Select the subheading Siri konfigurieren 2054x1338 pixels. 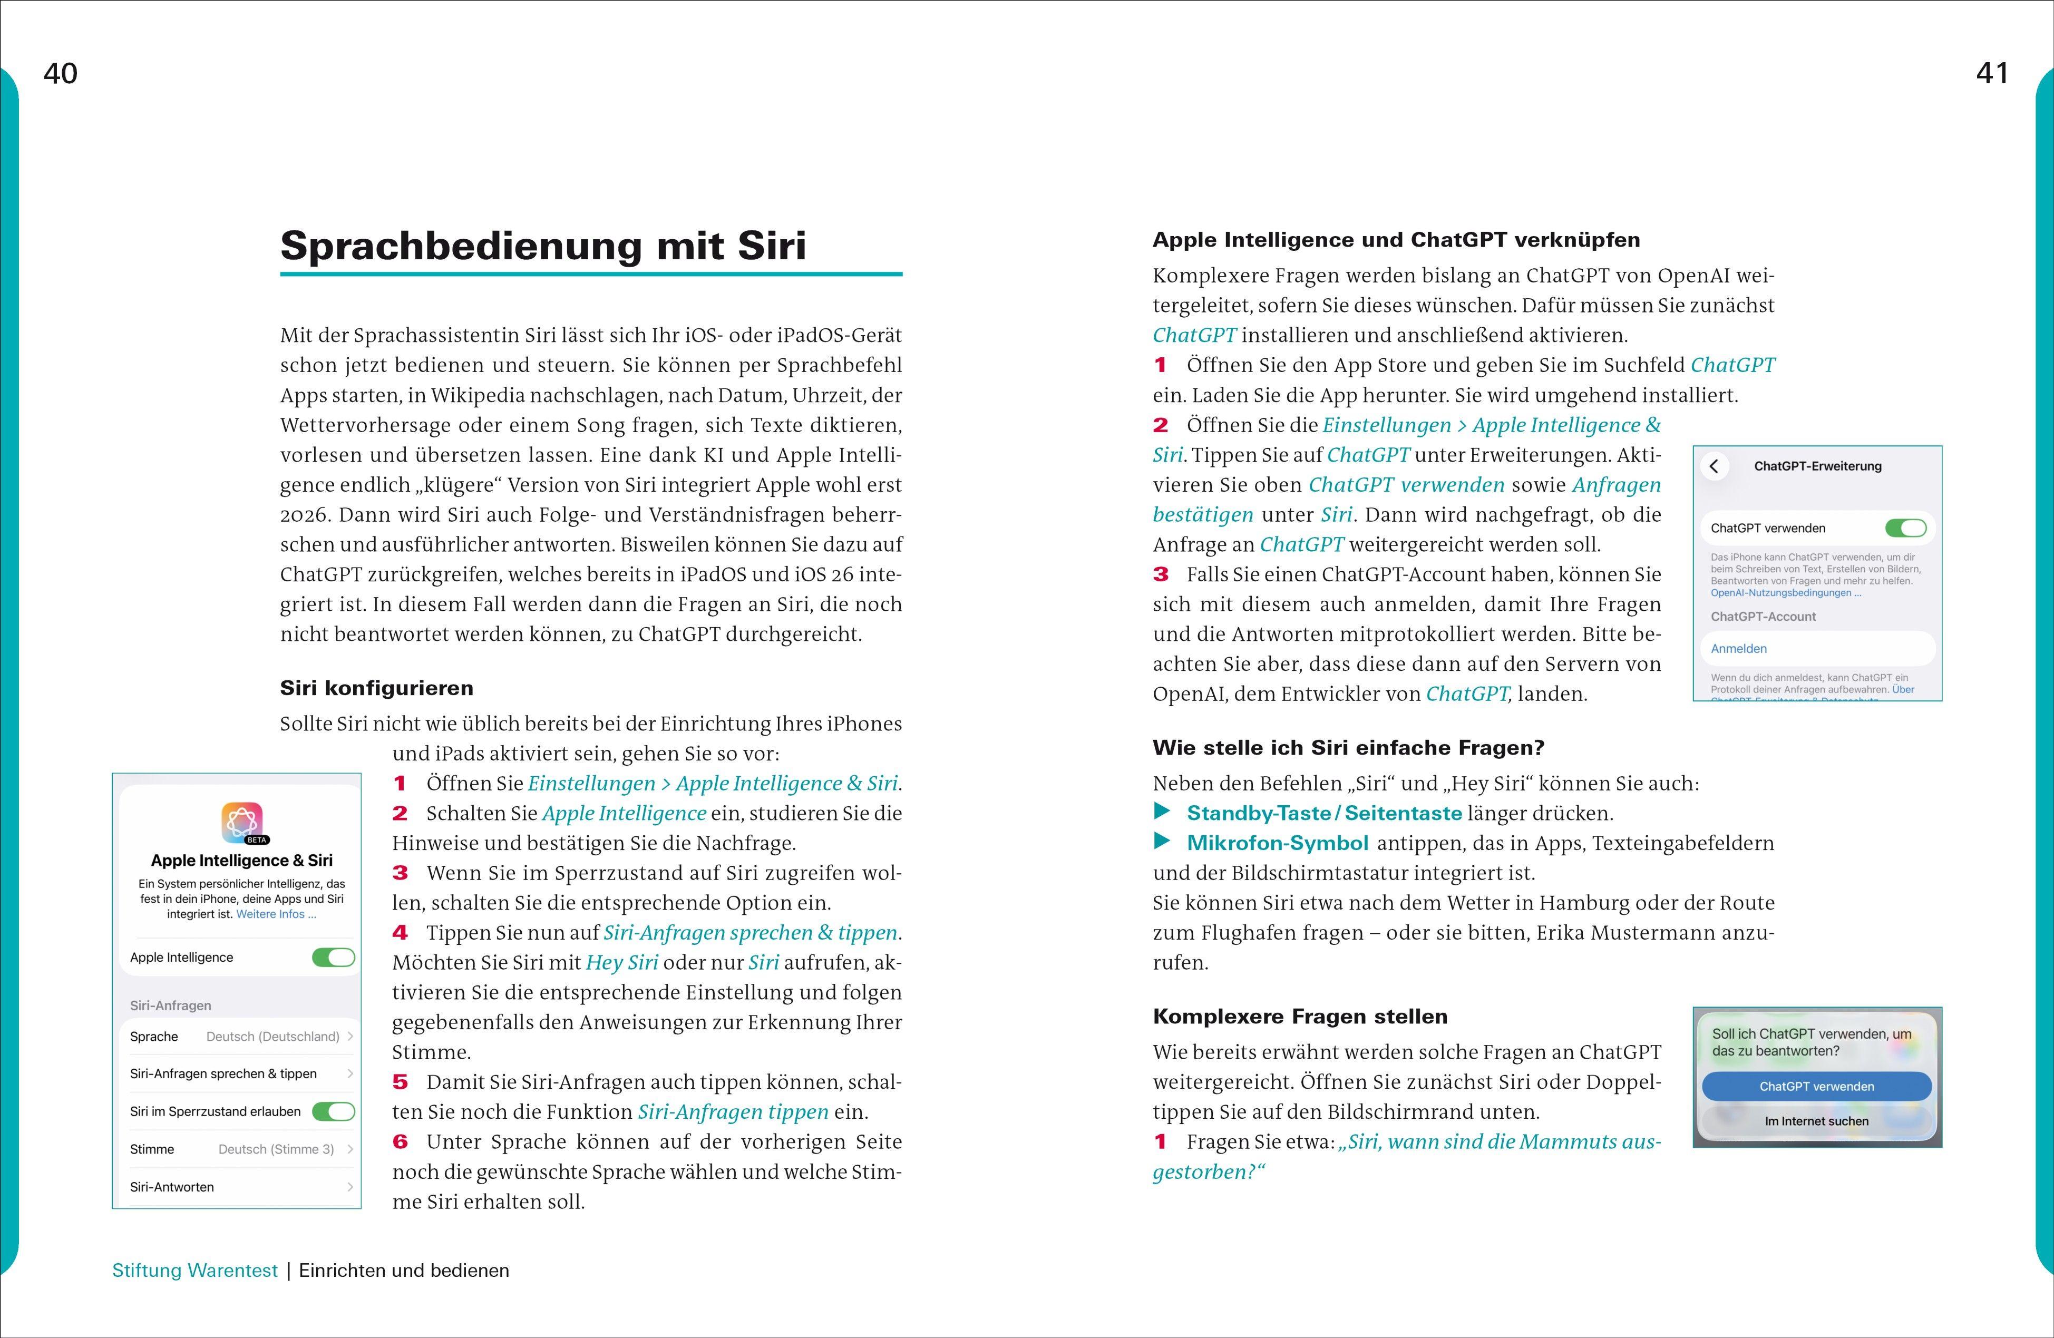click(376, 688)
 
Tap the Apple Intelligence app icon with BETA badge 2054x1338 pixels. click(242, 822)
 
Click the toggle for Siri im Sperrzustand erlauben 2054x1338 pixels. click(333, 1111)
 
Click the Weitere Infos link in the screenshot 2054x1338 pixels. click(276, 914)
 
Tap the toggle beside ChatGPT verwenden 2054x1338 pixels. click(1905, 528)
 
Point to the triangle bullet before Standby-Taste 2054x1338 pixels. click(1163, 812)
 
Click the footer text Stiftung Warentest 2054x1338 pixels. click(195, 1271)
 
